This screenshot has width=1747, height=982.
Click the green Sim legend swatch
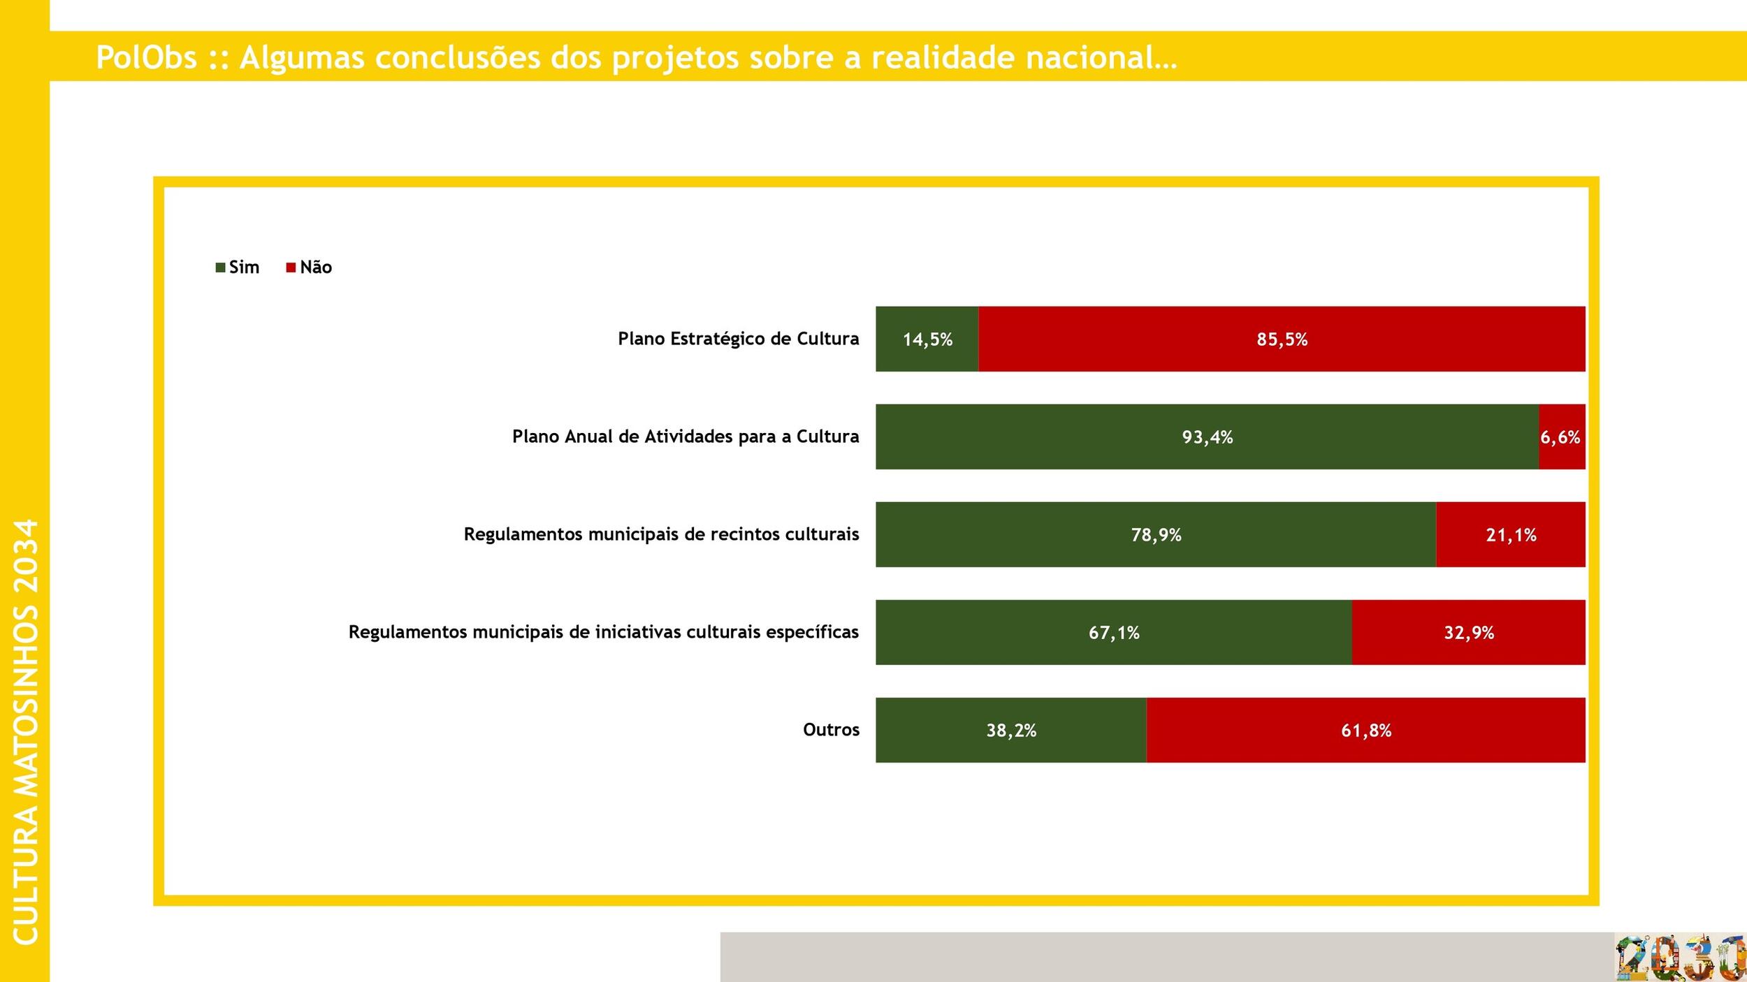click(x=220, y=268)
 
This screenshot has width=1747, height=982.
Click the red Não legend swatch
click(x=291, y=268)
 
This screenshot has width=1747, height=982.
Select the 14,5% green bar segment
click(x=927, y=339)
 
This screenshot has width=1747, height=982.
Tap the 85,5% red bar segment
click(x=1281, y=339)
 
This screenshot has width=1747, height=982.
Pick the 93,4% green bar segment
click(x=1207, y=437)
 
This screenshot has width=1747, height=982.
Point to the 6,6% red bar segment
click(x=1561, y=437)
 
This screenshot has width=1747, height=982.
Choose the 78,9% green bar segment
click(x=1156, y=534)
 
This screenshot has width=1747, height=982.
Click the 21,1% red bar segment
click(x=1510, y=534)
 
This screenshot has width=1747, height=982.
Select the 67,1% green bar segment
click(x=1113, y=632)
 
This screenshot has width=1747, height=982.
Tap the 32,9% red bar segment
click(x=1468, y=632)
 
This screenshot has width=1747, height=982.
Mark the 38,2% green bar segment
click(x=1010, y=730)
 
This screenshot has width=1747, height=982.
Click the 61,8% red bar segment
click(x=1365, y=730)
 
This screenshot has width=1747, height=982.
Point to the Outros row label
click(x=831, y=730)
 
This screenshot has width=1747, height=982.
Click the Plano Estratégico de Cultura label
click(x=738, y=339)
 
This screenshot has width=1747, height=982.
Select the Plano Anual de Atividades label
click(x=685, y=437)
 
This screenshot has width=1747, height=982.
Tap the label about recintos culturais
click(x=661, y=534)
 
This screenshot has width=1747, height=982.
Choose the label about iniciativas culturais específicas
click(x=603, y=632)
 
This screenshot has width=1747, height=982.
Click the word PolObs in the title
click(x=146, y=57)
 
